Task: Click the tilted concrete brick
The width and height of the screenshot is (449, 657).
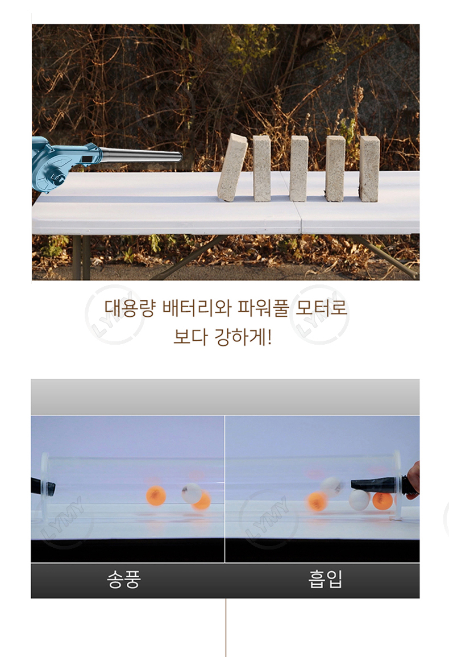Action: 232,168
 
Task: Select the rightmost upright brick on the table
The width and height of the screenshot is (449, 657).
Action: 369,168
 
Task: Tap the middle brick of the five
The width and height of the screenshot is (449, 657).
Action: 299,168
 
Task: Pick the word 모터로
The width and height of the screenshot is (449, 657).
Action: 321,308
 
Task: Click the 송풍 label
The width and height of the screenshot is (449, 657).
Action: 123,580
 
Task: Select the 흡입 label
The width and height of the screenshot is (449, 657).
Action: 325,580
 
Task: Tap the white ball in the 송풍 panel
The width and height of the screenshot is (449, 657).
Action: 192,493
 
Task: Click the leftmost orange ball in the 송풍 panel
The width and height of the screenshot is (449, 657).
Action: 156,495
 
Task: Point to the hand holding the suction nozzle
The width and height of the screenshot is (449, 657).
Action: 412,480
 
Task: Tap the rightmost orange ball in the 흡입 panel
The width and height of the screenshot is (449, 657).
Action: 383,501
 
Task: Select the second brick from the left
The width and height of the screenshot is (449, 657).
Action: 262,168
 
